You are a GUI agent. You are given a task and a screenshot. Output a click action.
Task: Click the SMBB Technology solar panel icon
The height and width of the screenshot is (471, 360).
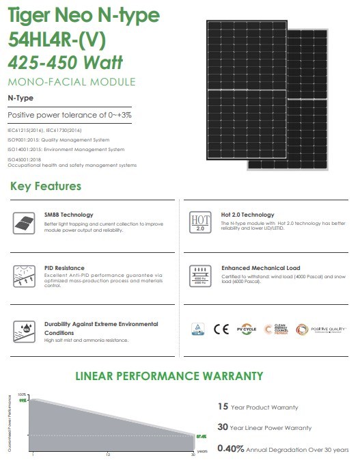click(23, 222)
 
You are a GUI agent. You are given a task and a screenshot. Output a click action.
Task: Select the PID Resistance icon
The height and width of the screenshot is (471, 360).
click(23, 276)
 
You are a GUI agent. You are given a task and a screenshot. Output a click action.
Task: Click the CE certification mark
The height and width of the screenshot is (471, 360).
click(221, 329)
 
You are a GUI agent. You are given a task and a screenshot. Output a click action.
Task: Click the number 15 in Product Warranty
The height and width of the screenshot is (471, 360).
click(222, 407)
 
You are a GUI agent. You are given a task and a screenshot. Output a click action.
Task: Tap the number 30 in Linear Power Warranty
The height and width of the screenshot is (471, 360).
click(223, 427)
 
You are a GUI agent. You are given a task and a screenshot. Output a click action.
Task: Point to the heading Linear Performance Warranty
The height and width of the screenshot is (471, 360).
click(169, 376)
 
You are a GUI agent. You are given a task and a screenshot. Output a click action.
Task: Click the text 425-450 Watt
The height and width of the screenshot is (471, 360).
click(66, 64)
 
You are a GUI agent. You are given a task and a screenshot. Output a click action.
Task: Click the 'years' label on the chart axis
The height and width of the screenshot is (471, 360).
click(202, 452)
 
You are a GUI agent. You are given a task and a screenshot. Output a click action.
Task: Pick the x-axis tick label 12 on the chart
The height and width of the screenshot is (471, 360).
click(108, 454)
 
